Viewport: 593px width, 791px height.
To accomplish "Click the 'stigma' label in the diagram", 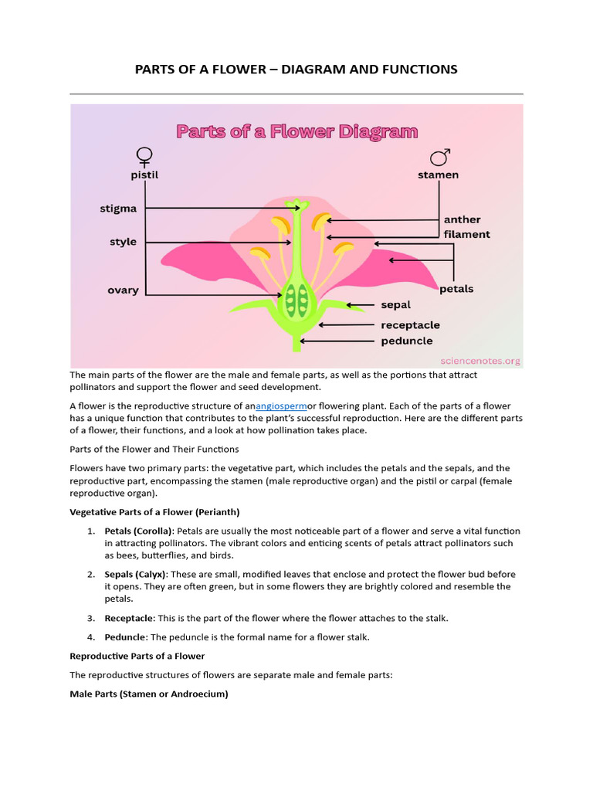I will pos(118,209).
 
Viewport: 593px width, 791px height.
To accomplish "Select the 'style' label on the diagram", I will pos(123,242).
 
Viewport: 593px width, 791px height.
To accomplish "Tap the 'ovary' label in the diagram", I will pos(123,290).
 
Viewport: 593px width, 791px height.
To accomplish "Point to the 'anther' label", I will pos(462,219).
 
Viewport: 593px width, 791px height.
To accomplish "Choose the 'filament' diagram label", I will pos(466,234).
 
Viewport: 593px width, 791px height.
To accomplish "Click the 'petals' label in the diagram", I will pos(456,289).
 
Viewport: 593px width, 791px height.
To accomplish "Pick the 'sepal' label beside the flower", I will pos(395,305).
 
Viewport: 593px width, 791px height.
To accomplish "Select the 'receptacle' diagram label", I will pos(410,325).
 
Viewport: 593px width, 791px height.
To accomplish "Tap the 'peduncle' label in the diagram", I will pos(406,341).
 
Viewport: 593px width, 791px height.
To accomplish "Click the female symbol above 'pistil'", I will pos(144,158).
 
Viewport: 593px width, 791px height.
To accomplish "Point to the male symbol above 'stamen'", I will pos(439,158).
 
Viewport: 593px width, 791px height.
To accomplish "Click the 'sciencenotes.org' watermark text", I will pos(479,361).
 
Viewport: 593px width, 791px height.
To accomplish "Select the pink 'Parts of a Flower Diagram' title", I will pos(297,131).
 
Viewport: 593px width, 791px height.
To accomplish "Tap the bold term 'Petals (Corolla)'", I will pos(139,531).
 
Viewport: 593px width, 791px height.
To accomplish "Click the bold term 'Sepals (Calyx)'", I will pos(134,575).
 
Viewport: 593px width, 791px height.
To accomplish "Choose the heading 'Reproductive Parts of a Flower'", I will pos(137,656).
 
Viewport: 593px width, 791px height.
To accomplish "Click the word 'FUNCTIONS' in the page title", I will pos(416,70).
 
